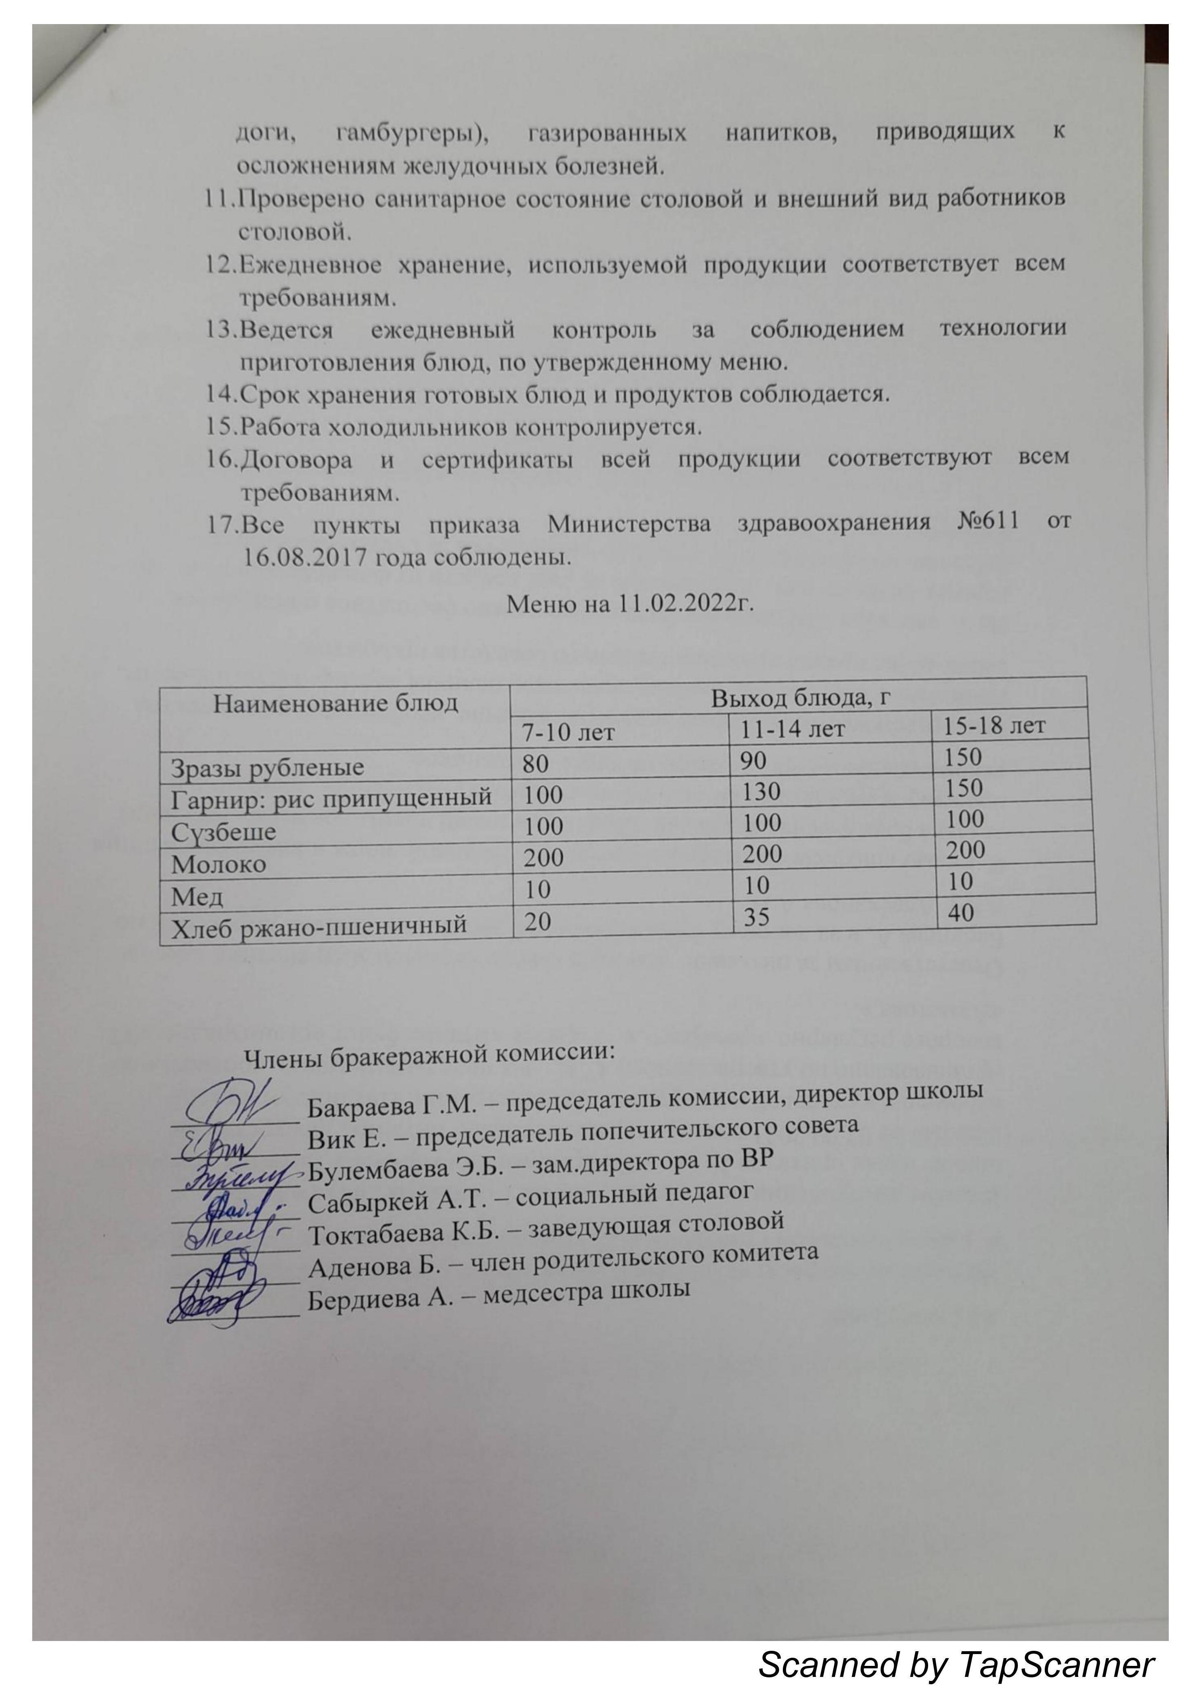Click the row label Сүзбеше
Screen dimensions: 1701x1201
[224, 831]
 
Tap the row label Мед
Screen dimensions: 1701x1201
[197, 897]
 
